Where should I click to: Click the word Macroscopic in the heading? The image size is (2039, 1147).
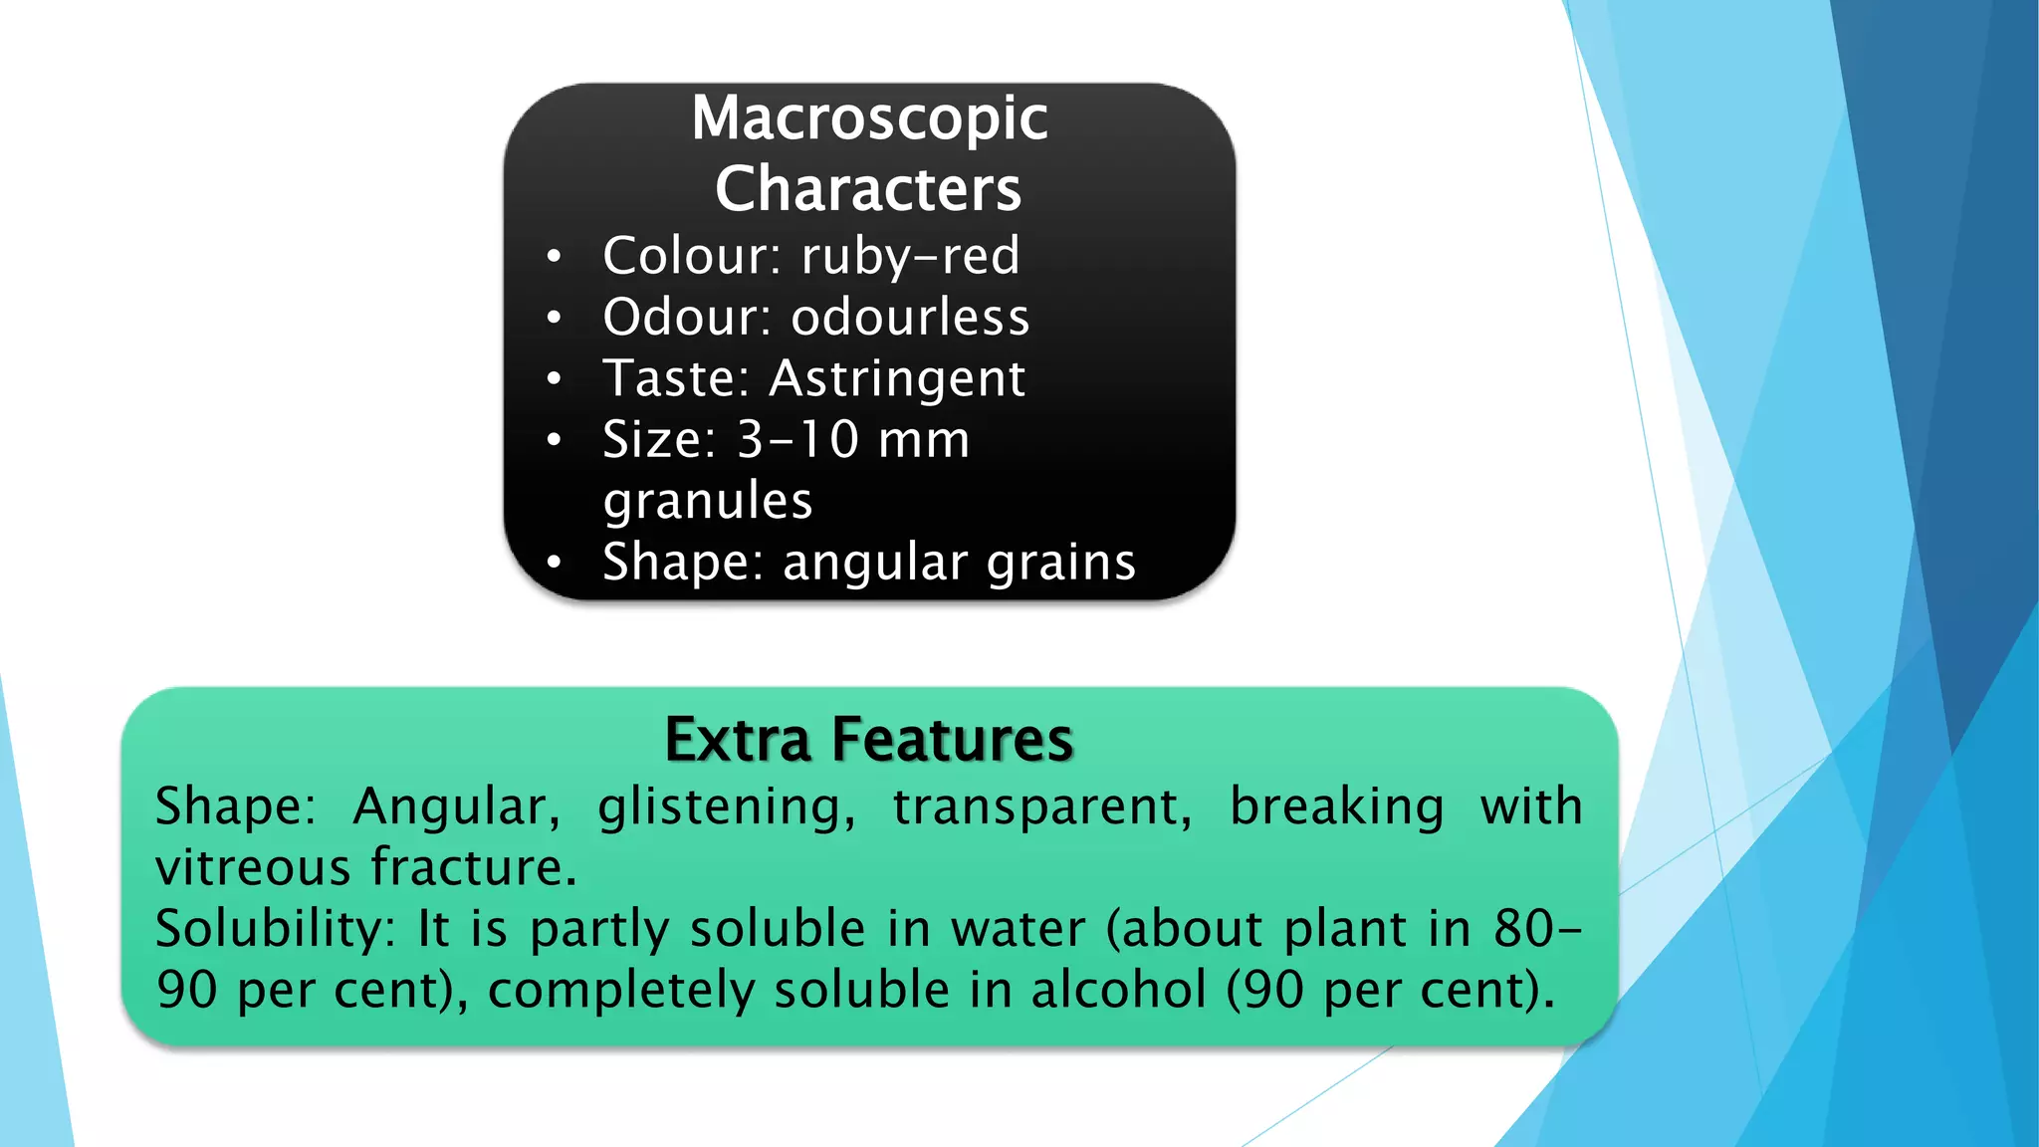tap(869, 118)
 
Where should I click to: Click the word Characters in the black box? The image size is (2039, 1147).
tap(868, 189)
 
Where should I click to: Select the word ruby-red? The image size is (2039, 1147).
tap(910, 256)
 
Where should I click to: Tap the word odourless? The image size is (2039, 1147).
tap(910, 318)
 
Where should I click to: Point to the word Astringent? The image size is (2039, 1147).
tap(897, 379)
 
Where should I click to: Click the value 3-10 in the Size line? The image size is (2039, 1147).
tap(797, 440)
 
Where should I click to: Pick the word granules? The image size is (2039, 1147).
tap(708, 501)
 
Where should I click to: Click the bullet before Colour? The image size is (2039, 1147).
tap(555, 258)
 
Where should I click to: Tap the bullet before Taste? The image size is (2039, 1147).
tap(555, 379)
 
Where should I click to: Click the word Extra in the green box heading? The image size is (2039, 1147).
tap(738, 740)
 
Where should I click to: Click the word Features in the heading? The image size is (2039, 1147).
tap(953, 740)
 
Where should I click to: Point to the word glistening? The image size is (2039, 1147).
tap(726, 806)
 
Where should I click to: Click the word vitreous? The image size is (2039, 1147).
tap(253, 867)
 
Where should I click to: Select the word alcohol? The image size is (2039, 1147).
tap(1118, 991)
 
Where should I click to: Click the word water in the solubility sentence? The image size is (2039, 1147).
tap(1018, 930)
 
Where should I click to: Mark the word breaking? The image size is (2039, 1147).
tap(1336, 806)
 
